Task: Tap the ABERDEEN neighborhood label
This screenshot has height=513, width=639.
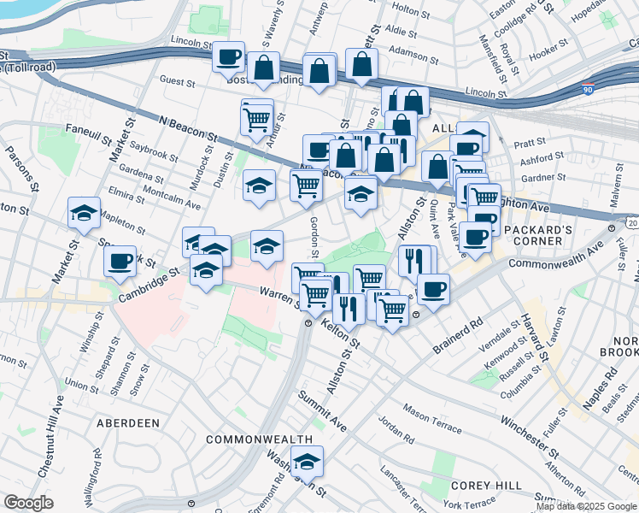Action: (127, 423)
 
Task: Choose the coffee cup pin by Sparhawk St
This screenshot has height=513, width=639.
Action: (120, 260)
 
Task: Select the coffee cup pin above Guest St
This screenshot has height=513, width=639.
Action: (228, 57)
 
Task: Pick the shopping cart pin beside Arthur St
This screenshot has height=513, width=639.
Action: (256, 120)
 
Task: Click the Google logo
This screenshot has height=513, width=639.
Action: (28, 503)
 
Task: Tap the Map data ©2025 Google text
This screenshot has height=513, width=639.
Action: (587, 506)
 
